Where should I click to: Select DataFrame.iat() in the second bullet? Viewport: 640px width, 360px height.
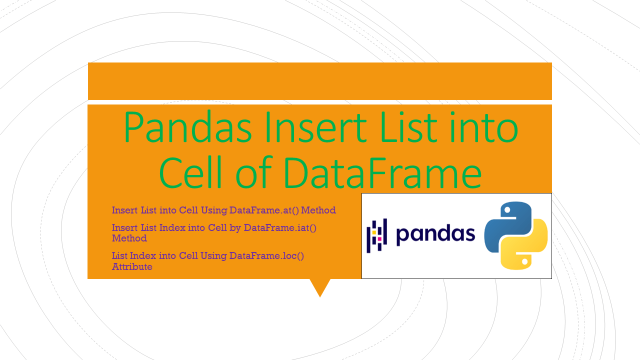pos(280,228)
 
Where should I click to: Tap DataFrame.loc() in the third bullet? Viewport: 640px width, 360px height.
pos(266,256)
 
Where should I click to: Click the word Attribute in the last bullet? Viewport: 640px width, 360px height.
pos(132,267)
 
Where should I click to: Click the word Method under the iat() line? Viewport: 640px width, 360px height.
pos(129,238)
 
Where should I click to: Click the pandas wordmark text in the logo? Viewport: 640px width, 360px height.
pos(435,234)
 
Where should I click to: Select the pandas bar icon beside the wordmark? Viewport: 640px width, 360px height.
pos(377,235)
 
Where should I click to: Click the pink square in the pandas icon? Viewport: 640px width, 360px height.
pos(379,239)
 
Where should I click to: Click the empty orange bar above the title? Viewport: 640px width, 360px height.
pos(320,81)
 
